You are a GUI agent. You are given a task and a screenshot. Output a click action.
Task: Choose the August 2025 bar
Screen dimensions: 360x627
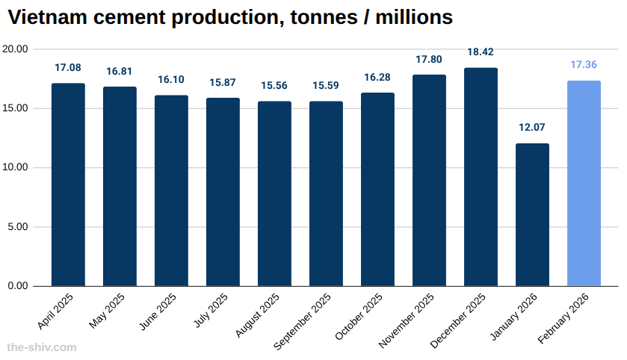(x=274, y=193)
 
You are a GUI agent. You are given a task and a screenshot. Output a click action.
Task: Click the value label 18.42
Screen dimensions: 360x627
(x=481, y=52)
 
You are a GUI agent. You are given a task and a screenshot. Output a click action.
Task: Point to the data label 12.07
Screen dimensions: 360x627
(x=532, y=128)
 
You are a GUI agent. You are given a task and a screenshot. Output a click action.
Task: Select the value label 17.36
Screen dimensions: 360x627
(x=584, y=65)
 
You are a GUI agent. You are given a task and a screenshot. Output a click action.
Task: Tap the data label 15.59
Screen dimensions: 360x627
(x=326, y=85)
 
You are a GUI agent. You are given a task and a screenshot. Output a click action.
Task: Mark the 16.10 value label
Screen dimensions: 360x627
(x=171, y=79)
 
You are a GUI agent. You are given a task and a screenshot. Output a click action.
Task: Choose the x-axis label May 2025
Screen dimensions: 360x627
(x=107, y=311)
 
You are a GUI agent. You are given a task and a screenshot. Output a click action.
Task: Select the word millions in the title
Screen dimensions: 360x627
(x=416, y=16)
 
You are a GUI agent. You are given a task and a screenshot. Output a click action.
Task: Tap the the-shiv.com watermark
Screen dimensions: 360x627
(x=41, y=347)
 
